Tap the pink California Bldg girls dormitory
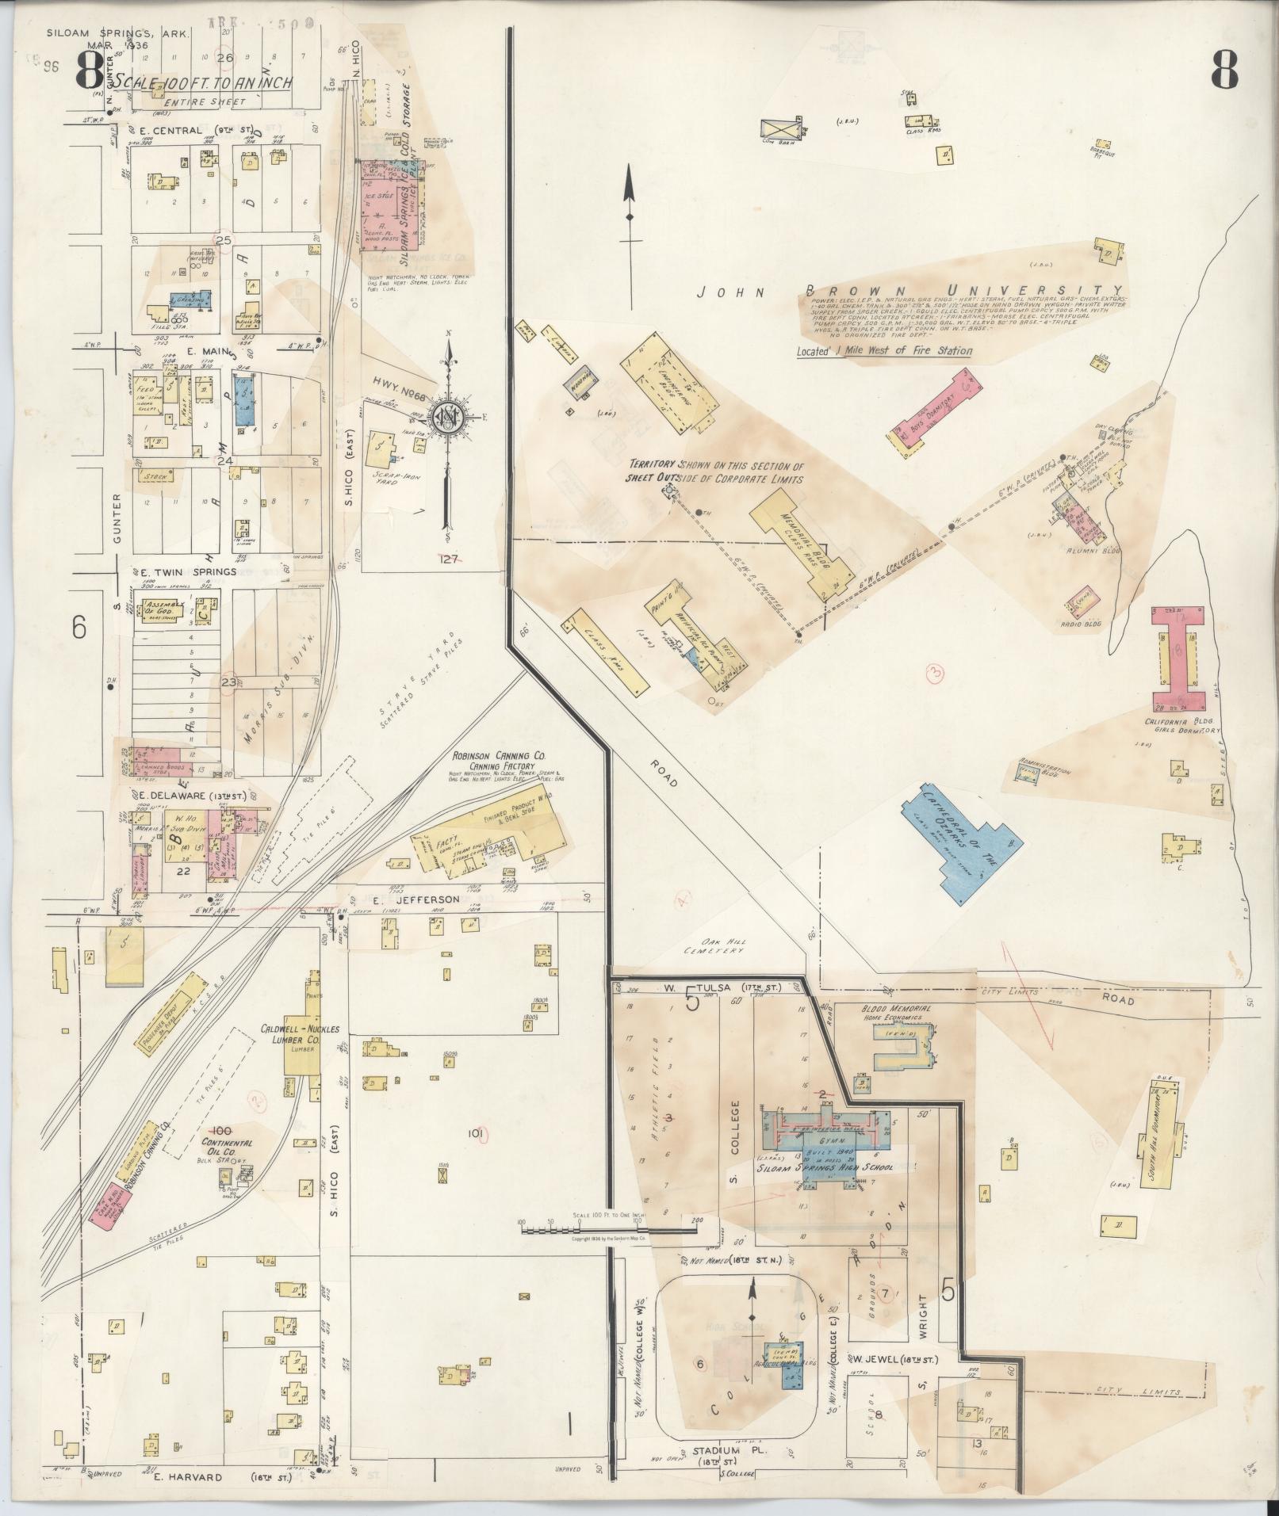click(x=1179, y=657)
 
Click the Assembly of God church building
click(x=164, y=611)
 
